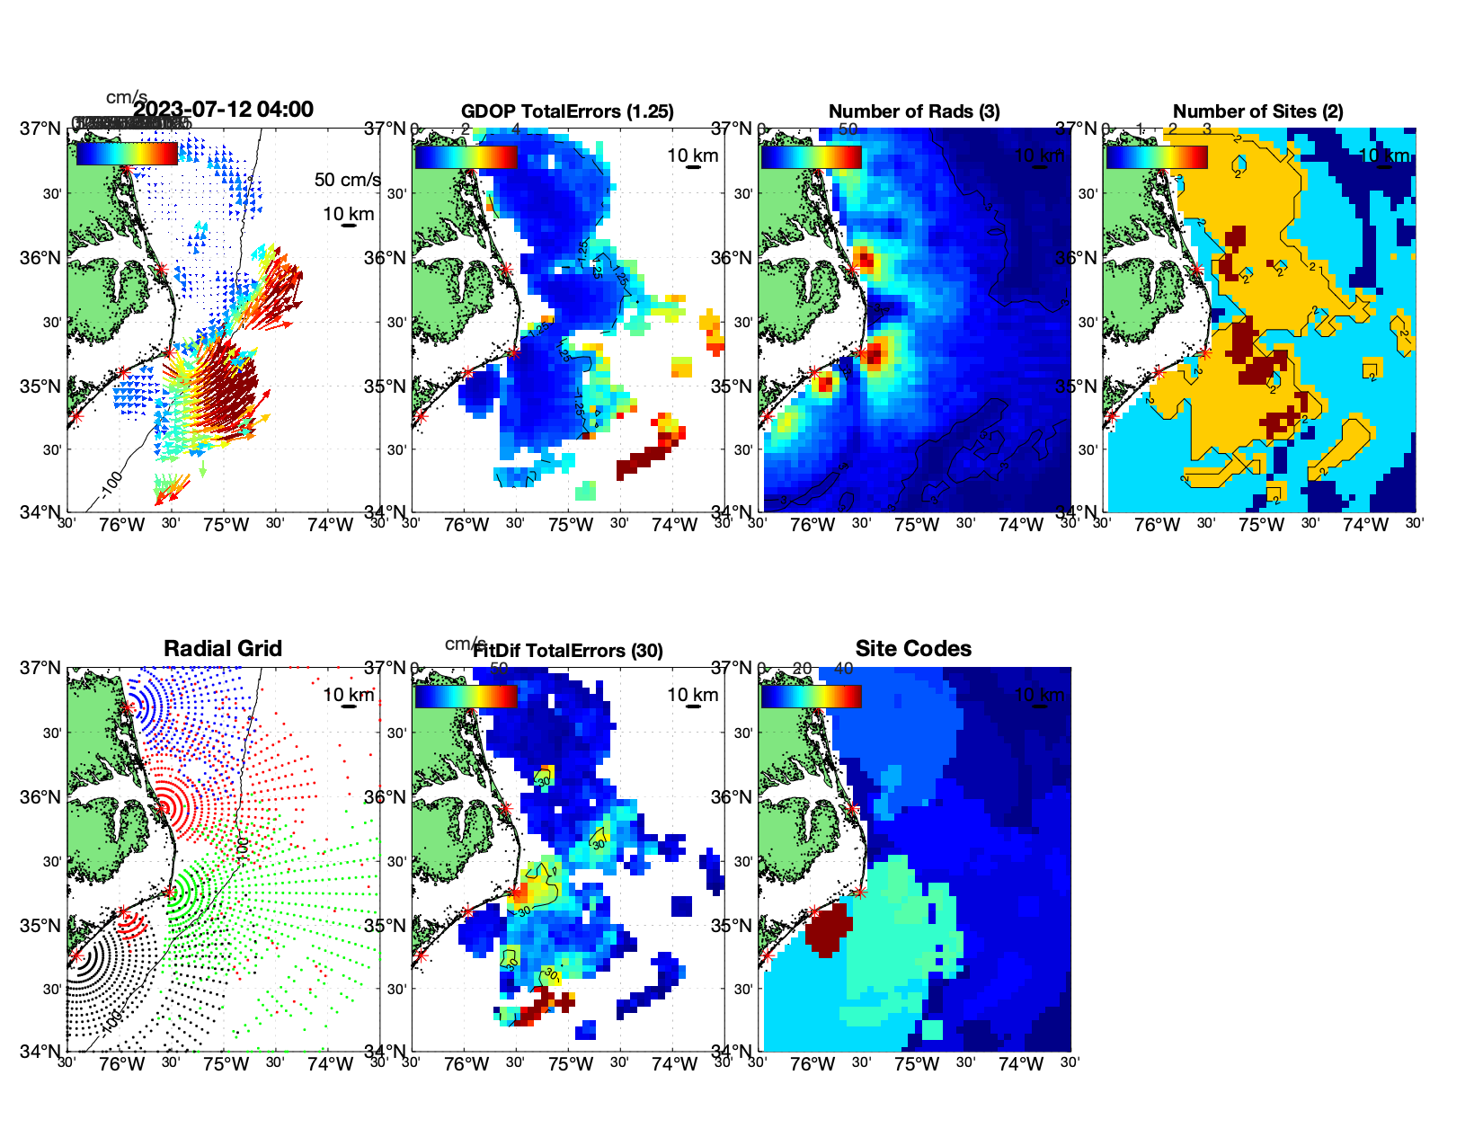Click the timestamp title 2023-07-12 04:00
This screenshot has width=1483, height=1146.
click(223, 110)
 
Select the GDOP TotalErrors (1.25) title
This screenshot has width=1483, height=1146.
click(567, 111)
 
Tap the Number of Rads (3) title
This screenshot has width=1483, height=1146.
click(914, 111)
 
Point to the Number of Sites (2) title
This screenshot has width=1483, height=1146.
click(1257, 111)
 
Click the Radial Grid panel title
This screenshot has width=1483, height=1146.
click(223, 649)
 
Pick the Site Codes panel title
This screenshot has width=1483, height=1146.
click(913, 649)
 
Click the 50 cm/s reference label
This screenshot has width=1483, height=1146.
click(347, 180)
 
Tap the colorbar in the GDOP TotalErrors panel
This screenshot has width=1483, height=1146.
click(466, 156)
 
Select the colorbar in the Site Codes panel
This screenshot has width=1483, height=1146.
click(811, 696)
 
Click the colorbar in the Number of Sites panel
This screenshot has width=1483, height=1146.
click(1156, 156)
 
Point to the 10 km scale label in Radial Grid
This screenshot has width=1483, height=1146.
click(348, 695)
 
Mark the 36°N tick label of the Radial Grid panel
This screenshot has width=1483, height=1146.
click(40, 797)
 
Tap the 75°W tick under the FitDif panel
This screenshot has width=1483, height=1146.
click(571, 1064)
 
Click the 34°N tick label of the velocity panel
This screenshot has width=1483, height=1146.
click(40, 512)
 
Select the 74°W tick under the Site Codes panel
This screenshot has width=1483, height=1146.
click(1020, 1064)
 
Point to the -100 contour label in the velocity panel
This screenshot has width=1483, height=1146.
click(111, 484)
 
